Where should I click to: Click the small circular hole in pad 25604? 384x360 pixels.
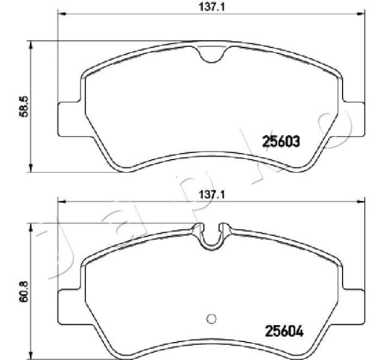(210, 319)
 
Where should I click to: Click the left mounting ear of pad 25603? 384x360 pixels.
(68, 118)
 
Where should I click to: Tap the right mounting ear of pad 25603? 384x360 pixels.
(352, 118)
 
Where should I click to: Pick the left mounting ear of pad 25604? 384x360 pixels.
(68, 300)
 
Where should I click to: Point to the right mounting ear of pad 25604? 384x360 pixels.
(352, 300)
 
